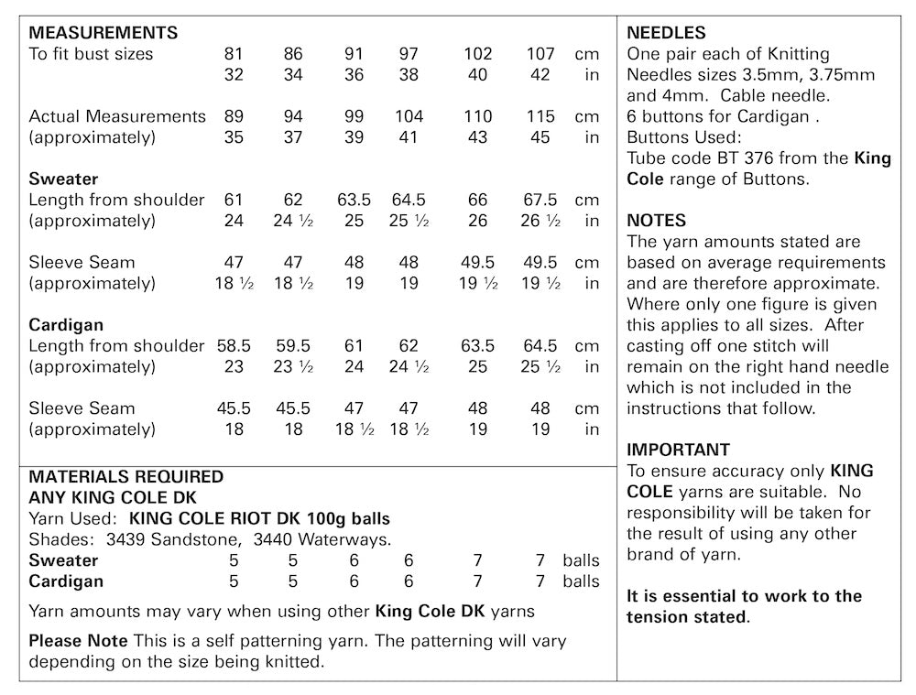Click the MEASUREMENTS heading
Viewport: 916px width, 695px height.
pos(104,33)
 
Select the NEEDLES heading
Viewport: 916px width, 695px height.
pos(666,33)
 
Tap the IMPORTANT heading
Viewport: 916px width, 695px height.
pos(679,450)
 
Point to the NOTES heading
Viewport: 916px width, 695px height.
pos(656,221)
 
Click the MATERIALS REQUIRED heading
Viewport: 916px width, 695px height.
pos(126,476)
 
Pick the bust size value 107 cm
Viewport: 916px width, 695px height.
pos(540,54)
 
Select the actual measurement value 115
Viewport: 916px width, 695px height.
pos(540,116)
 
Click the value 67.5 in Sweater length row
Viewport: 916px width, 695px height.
pos(540,200)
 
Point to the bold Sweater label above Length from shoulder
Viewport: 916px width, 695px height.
pos(63,179)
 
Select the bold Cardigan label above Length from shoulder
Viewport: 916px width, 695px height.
pos(66,325)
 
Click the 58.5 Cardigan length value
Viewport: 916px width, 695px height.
pos(234,346)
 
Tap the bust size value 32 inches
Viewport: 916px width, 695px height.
pos(234,75)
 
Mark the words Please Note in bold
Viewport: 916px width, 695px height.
pos(78,641)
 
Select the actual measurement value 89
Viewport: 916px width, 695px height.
pos(234,116)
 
